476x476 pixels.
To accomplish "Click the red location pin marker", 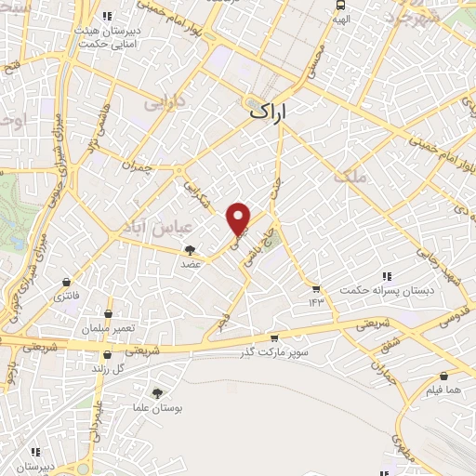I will pos(240,218).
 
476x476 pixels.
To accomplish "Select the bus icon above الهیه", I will pos(341,4).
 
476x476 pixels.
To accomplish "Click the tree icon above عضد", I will pos(192,249).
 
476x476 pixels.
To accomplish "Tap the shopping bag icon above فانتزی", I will pos(66,282).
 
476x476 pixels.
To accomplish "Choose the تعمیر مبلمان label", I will pos(109,329).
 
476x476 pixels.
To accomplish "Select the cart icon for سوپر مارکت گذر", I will pos(274,339).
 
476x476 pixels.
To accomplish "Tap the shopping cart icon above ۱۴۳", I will pos(316,288).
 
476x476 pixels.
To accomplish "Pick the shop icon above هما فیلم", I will pos(443,377).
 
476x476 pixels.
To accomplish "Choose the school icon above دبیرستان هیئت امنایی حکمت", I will pos(108,16).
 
